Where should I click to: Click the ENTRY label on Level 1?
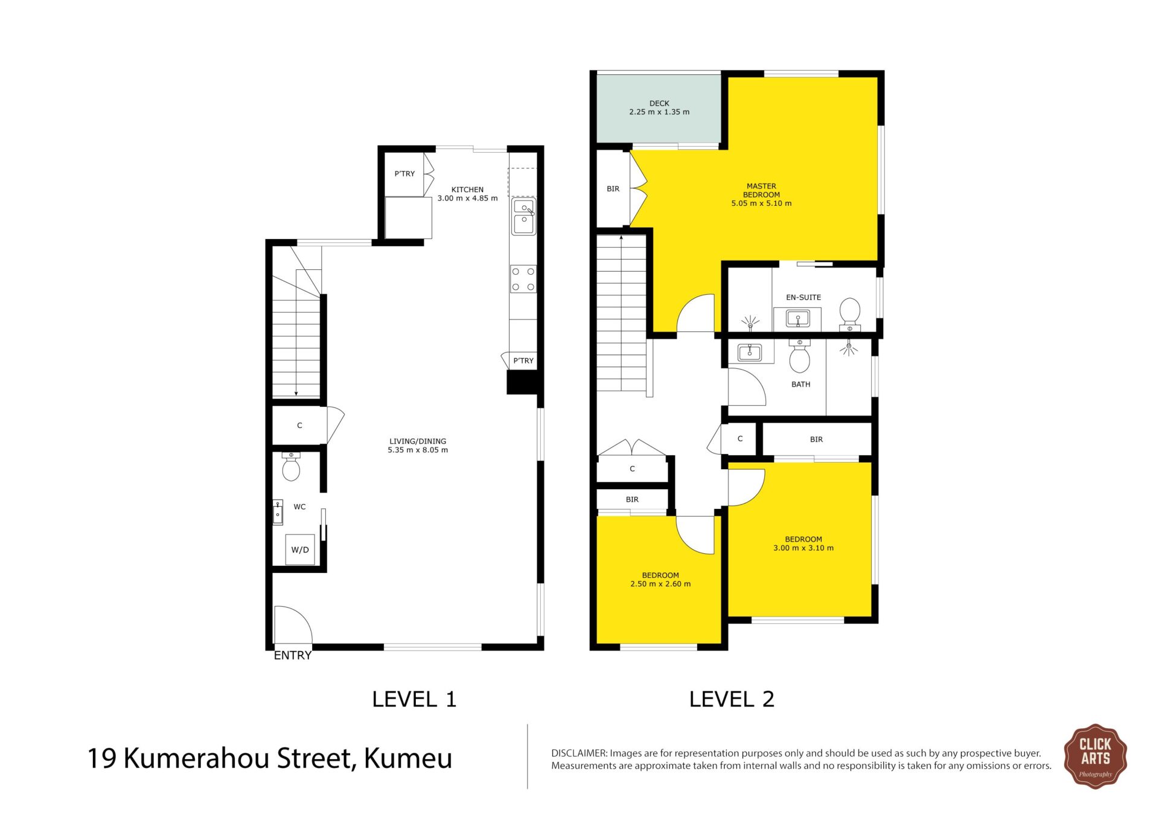(x=293, y=655)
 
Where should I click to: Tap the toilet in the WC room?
(x=291, y=466)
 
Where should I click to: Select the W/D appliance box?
(x=300, y=549)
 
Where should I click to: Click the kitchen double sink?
(x=523, y=216)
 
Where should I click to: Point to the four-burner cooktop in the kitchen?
(x=523, y=279)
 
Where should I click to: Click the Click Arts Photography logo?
(x=1095, y=757)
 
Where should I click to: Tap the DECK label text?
(x=659, y=103)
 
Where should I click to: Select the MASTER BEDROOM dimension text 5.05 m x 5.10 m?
(x=761, y=203)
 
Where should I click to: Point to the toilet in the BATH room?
(x=800, y=356)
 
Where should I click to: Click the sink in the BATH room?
(x=750, y=351)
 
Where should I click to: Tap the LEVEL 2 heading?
(x=732, y=699)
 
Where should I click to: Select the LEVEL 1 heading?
(x=414, y=699)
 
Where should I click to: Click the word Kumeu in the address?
(x=408, y=758)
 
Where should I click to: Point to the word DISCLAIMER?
(x=579, y=753)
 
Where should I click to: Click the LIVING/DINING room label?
(x=418, y=441)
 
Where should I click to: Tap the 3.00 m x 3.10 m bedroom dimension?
(x=803, y=548)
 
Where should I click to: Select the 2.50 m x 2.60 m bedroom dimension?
(x=660, y=584)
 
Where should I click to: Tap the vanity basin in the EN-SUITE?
(x=798, y=318)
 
